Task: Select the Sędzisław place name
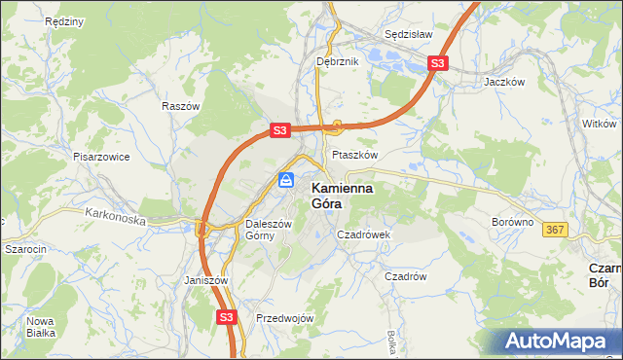point(408,32)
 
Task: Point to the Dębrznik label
point(338,61)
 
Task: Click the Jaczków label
point(504,83)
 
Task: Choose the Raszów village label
point(181,106)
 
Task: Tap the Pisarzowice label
point(101,156)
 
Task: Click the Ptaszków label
point(354,155)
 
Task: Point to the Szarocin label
point(26,249)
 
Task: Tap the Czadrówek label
point(363,234)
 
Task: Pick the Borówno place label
point(512,222)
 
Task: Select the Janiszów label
point(205,280)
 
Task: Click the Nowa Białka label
point(41,327)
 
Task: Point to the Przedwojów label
point(284,318)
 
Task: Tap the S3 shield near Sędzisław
point(438,64)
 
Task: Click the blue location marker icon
point(285,180)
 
